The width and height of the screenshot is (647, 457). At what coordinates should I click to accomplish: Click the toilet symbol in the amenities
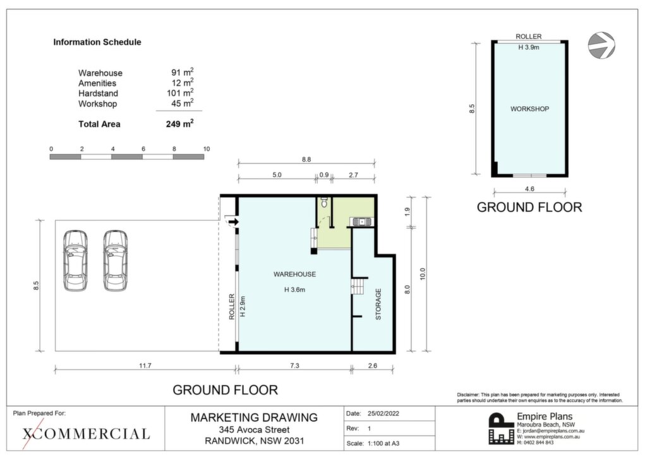click(324, 203)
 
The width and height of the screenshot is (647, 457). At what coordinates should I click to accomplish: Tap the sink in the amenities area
click(361, 222)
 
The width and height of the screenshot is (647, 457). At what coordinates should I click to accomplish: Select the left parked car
click(76, 261)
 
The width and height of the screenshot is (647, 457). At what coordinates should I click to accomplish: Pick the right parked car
click(116, 261)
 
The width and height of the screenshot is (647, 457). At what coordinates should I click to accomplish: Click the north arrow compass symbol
click(602, 45)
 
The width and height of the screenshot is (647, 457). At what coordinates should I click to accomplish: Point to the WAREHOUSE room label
click(294, 275)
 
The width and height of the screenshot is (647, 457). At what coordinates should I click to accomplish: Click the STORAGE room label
click(378, 304)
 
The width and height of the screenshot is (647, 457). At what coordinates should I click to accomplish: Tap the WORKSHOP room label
click(530, 109)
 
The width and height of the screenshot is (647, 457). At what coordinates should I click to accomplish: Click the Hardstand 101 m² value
click(180, 93)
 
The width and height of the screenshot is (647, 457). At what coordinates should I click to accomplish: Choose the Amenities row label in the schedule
click(97, 83)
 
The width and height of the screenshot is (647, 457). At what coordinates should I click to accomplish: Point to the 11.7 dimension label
click(145, 365)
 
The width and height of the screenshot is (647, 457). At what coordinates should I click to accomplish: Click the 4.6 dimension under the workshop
click(529, 189)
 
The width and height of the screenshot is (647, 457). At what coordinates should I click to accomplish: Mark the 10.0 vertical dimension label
click(422, 274)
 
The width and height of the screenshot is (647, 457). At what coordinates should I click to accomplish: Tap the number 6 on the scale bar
click(143, 149)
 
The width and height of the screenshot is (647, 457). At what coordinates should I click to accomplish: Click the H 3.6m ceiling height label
click(294, 290)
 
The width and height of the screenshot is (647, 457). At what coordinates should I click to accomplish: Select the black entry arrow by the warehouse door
click(234, 222)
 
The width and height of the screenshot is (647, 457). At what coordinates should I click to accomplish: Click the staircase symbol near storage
click(358, 286)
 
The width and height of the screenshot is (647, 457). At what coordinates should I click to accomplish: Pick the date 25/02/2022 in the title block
click(384, 413)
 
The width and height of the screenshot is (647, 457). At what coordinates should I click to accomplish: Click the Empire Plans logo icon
click(501, 429)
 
